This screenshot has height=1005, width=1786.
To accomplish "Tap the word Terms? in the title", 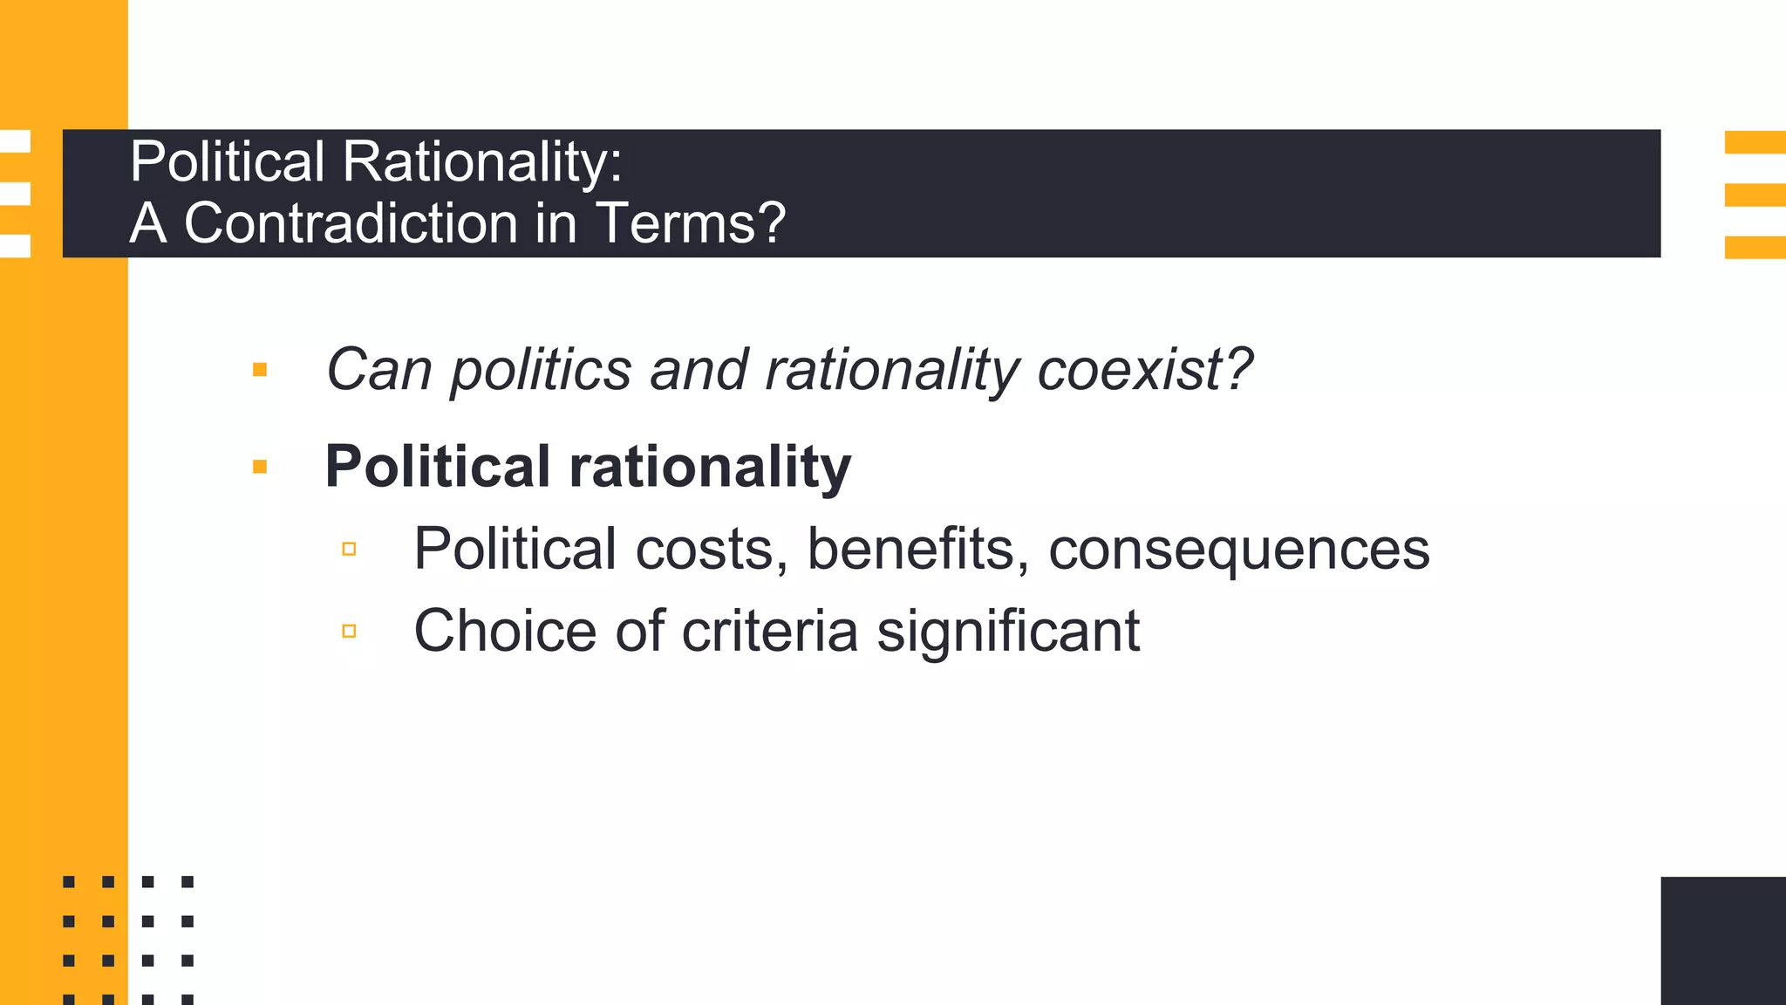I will (x=691, y=223).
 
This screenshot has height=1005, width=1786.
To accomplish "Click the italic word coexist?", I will (x=1144, y=370).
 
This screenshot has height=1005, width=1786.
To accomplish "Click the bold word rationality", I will (x=710, y=468).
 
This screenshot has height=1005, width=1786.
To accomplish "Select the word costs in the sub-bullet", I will (x=705, y=550).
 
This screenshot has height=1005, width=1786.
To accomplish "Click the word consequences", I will (x=1238, y=550).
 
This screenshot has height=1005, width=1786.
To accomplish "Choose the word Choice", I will (x=505, y=631).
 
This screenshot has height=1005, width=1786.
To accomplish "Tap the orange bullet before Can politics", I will (x=259, y=370).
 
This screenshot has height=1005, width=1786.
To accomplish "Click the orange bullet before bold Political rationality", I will (x=259, y=467).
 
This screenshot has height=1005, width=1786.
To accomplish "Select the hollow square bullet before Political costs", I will (x=349, y=549).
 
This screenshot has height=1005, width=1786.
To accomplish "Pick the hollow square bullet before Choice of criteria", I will (x=349, y=631).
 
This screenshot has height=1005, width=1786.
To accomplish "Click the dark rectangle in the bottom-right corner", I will (x=1722, y=940).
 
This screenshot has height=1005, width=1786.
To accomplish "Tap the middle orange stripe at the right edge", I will (x=1755, y=195).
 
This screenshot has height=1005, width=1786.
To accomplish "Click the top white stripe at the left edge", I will (x=15, y=141).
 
